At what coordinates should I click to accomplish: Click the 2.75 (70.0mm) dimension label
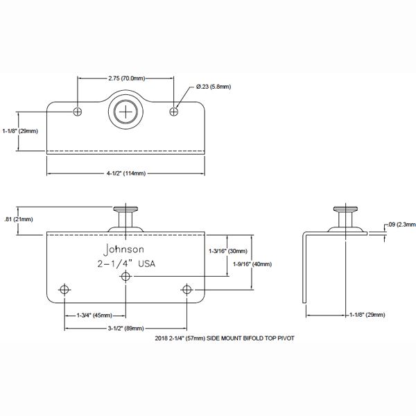[x=126, y=78]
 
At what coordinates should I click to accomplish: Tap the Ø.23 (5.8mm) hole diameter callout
[x=213, y=86]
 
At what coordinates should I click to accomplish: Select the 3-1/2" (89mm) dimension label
[x=126, y=328]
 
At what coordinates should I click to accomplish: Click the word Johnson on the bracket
[x=124, y=249]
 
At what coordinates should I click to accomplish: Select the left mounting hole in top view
[x=78, y=111]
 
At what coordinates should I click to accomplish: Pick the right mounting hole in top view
[x=175, y=111]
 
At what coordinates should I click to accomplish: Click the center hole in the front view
[x=126, y=277]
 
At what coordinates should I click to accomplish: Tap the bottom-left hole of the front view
[x=65, y=288]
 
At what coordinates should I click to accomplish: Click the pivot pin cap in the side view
[x=344, y=209]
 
